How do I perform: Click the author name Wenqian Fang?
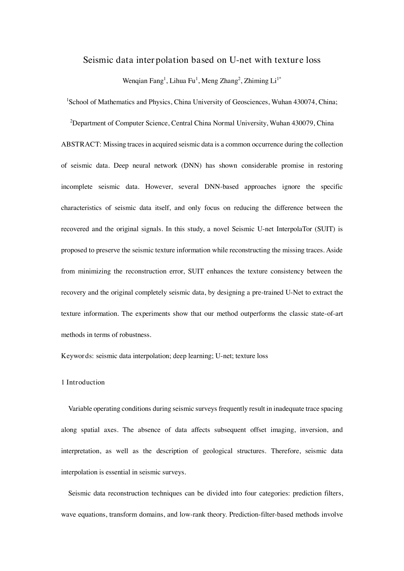coord(143,81)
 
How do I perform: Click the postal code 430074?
coord(305,102)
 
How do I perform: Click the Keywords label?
coord(77,356)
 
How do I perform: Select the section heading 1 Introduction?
coord(83,383)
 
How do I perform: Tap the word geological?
coord(218,451)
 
